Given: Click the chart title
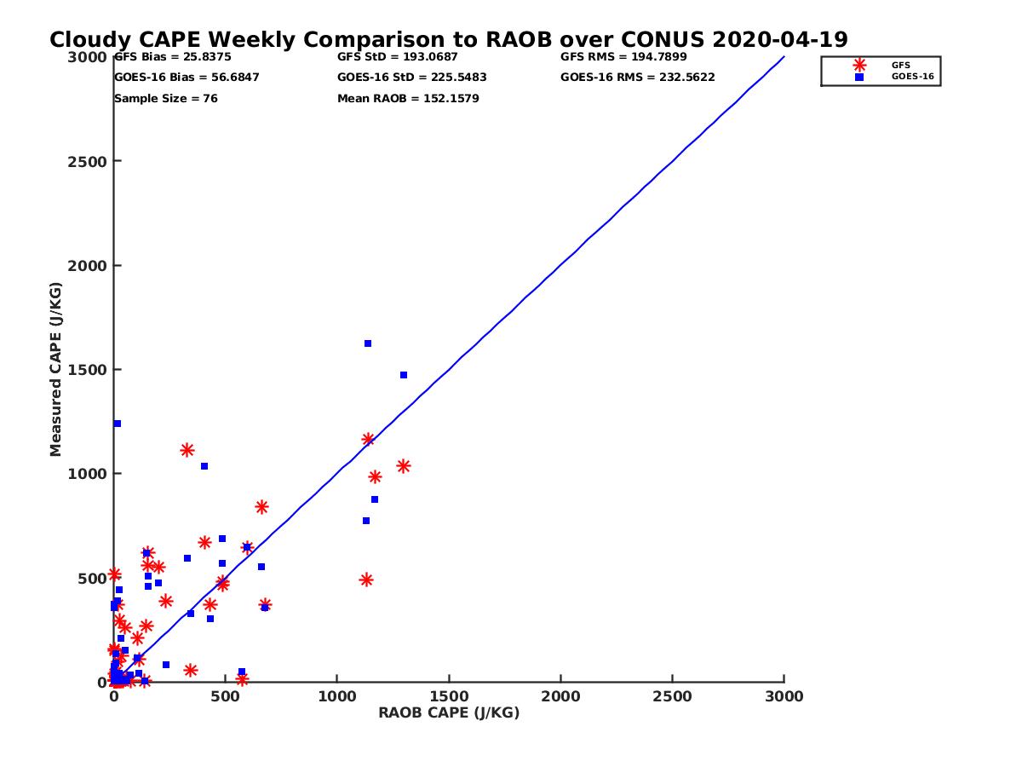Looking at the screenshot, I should pyautogui.click(x=448, y=40).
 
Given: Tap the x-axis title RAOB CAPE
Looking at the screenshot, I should pyautogui.click(x=449, y=712).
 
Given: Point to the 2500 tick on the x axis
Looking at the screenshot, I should pyautogui.click(x=673, y=696).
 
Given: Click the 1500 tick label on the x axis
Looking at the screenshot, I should pyautogui.click(x=449, y=696).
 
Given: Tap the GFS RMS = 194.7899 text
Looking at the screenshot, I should pyautogui.click(x=623, y=57).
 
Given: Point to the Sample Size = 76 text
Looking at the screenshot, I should pyautogui.click(x=166, y=99).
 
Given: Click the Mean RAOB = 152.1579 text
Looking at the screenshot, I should pyautogui.click(x=408, y=99).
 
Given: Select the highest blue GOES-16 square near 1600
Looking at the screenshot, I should pyautogui.click(x=368, y=343).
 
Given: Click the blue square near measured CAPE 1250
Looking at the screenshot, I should pyautogui.click(x=118, y=424).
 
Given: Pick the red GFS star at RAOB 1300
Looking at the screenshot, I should pyautogui.click(x=404, y=466).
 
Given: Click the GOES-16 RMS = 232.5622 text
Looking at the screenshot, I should pyautogui.click(x=637, y=78).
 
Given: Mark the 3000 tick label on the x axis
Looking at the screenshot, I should pyautogui.click(x=784, y=696).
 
